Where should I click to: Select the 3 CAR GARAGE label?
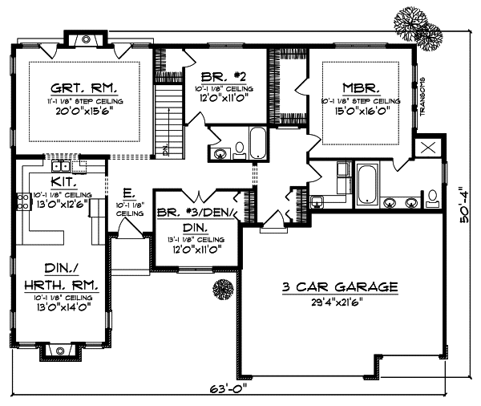pyautogui.click(x=339, y=286)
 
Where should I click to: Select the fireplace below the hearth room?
pyautogui.click(x=61, y=351)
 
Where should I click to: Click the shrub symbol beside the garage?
pyautogui.click(x=222, y=286)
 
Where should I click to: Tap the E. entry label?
pyautogui.click(x=128, y=193)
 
